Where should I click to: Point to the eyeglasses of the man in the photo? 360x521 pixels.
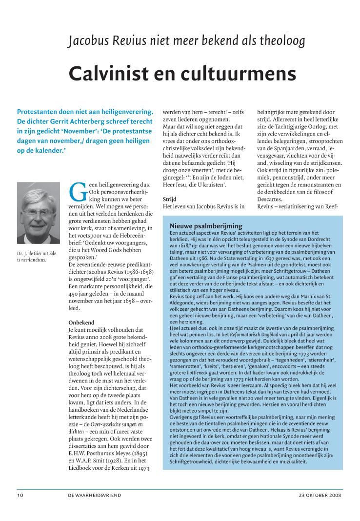38,213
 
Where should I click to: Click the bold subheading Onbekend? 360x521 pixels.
81,323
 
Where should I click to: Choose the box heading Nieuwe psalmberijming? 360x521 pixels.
206,226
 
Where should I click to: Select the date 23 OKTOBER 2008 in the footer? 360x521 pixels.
320,495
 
